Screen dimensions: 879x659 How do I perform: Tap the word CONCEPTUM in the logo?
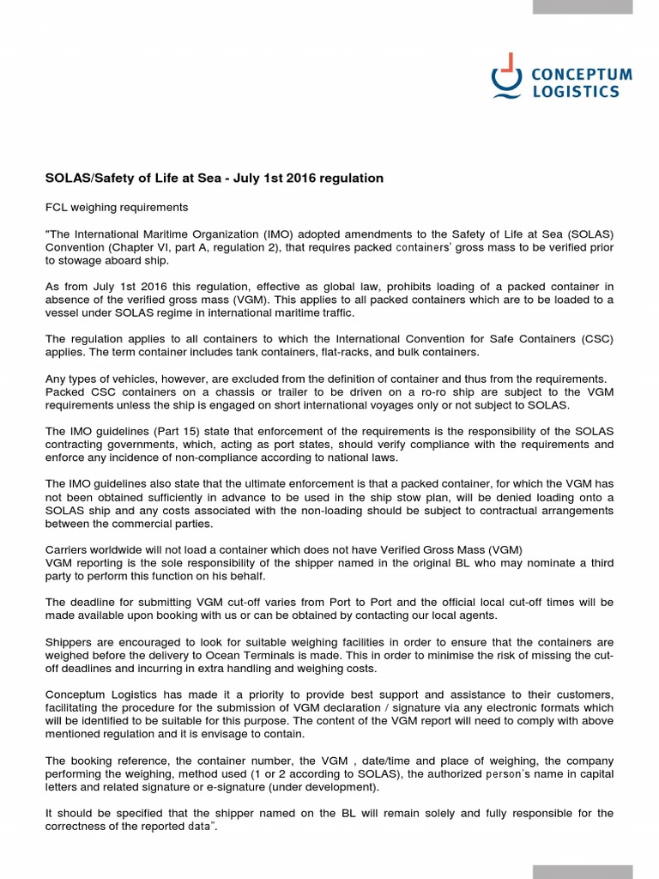pos(582,75)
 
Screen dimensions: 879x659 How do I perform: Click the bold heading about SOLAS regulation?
pos(214,178)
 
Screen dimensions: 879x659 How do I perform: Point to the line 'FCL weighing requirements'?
pos(116,207)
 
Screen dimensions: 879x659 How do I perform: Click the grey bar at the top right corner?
pos(583,7)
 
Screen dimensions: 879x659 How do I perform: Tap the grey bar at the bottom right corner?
pos(583,872)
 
